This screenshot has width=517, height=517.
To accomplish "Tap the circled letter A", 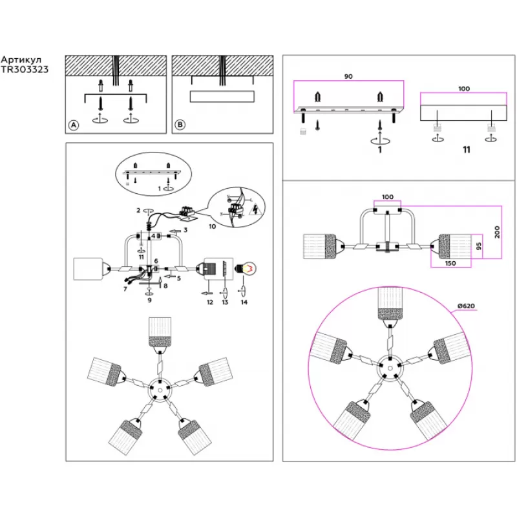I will pyautogui.click(x=74, y=125).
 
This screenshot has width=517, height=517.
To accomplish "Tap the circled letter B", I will pyautogui.click(x=180, y=125).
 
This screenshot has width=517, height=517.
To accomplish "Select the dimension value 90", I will pyautogui.click(x=348, y=77).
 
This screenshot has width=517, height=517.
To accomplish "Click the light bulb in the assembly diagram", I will pyautogui.click(x=248, y=266).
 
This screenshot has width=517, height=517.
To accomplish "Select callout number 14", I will pyautogui.click(x=243, y=302).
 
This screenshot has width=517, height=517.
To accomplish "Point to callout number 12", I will pyautogui.click(x=209, y=302).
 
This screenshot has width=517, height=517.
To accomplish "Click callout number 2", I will pyautogui.click(x=138, y=210).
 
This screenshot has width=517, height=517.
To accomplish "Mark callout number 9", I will pyautogui.click(x=149, y=301).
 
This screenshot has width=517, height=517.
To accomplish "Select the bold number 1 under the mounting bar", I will pyautogui.click(x=380, y=150).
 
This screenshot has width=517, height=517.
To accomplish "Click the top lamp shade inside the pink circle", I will pyautogui.click(x=392, y=304).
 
